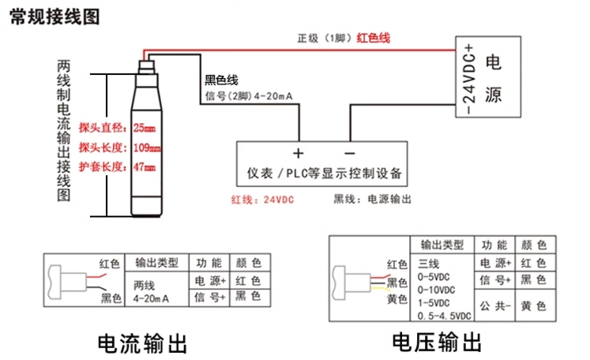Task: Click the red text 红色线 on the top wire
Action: (x=374, y=37)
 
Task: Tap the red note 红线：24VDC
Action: (x=261, y=200)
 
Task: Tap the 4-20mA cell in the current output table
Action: (x=153, y=299)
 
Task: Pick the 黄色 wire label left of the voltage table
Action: (x=396, y=299)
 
